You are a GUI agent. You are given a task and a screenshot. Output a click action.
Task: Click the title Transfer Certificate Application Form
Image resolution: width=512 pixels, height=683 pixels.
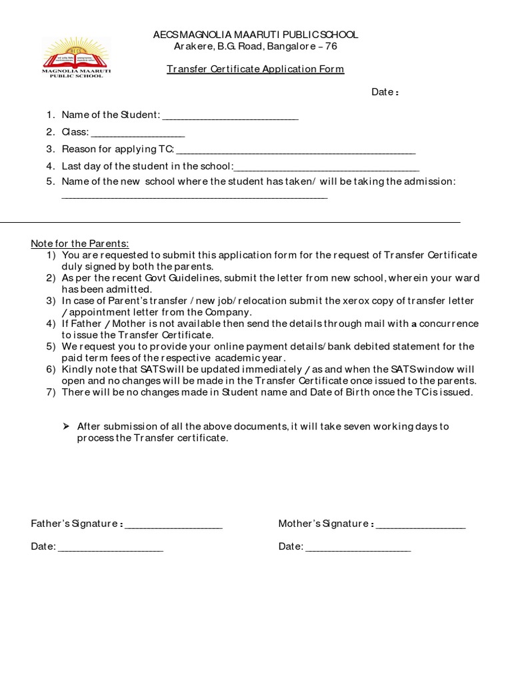point(255,69)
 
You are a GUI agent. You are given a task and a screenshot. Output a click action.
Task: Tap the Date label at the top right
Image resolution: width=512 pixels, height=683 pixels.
point(385,92)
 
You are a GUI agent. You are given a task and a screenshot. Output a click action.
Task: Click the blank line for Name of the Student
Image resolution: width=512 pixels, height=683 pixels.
point(230,118)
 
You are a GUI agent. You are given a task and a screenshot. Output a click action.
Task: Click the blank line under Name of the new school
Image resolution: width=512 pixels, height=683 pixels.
point(195,198)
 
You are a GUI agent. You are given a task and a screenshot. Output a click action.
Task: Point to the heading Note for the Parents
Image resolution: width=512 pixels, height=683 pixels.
point(80,243)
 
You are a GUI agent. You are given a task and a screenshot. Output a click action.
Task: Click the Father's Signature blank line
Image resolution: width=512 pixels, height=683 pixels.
point(173,527)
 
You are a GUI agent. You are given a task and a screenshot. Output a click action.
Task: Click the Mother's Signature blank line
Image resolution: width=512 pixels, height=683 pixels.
point(421,527)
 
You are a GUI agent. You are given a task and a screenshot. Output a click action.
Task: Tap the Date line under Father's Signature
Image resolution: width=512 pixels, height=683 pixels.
point(111,550)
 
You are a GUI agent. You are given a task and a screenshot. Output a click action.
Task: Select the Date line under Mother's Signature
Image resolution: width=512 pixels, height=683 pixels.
point(358,550)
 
